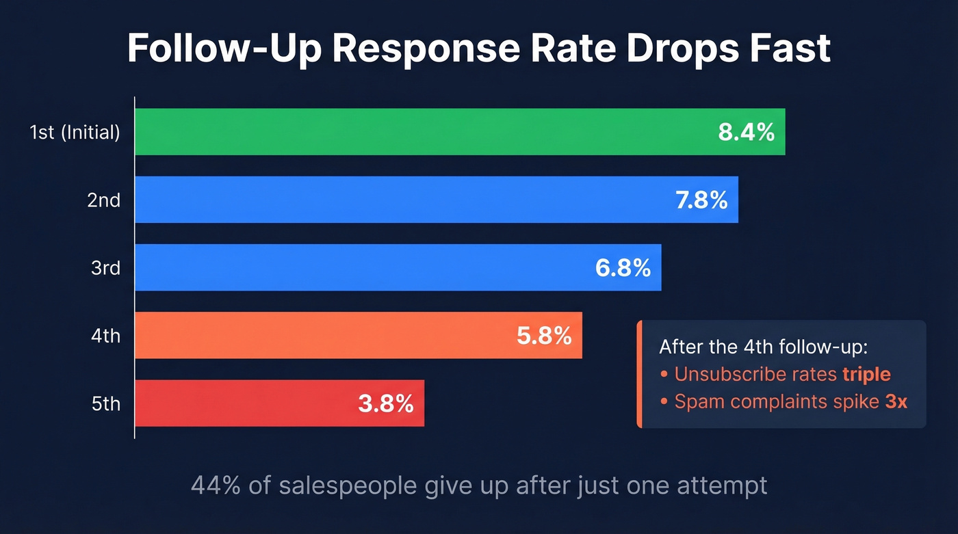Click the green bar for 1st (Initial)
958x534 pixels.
point(424,132)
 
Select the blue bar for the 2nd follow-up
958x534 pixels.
point(397,200)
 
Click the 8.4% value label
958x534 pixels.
point(746,132)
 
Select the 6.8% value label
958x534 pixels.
point(622,268)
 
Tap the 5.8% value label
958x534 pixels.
point(543,336)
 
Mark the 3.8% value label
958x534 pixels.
point(386,403)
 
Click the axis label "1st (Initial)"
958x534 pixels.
point(75,133)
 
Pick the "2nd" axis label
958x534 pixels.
point(104,200)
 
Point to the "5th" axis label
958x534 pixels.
point(105,404)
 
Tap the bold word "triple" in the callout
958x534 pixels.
point(866,374)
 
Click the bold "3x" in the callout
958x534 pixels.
point(896,401)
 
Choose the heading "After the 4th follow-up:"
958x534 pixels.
point(763,347)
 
